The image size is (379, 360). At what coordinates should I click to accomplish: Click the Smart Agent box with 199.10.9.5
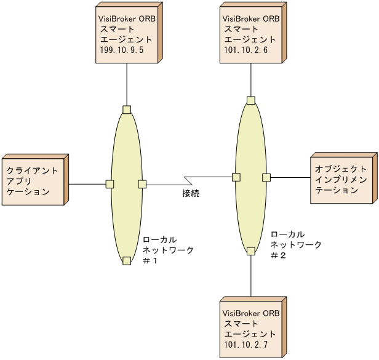[126, 34]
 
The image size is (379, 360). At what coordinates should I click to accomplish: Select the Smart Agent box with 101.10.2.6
[250, 34]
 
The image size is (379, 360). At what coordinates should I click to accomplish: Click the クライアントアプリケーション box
[33, 180]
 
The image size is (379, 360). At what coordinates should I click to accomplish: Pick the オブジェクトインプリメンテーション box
[342, 179]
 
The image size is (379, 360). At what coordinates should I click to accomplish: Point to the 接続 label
[191, 194]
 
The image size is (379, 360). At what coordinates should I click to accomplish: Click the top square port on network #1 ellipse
[127, 110]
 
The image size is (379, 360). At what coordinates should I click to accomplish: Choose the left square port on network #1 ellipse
[110, 183]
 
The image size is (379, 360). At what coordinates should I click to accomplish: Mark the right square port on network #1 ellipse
[142, 183]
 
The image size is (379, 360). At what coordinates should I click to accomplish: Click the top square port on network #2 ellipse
[251, 100]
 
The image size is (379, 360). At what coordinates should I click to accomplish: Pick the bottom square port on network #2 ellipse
[251, 250]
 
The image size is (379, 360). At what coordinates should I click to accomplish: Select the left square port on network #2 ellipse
[236, 177]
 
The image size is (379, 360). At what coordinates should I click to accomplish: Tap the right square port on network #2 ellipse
[266, 177]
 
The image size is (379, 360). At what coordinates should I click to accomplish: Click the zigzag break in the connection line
[189, 181]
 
